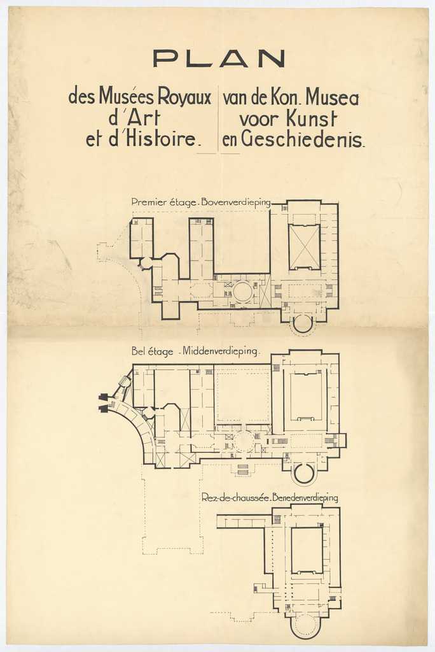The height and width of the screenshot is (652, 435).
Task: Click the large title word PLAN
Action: (x=219, y=59)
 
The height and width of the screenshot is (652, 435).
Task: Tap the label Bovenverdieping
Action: (x=236, y=203)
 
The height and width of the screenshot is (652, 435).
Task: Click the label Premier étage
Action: (x=163, y=202)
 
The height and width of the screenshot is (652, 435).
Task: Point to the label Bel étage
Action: (x=152, y=351)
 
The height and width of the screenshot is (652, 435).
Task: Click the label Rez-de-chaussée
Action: (x=236, y=497)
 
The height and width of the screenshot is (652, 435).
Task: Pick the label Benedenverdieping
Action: (x=305, y=498)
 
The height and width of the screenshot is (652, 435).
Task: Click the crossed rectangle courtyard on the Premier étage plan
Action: (x=305, y=247)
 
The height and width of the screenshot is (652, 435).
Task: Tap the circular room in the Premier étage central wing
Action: (x=243, y=291)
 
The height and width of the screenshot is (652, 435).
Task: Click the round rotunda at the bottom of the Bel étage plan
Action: (x=304, y=473)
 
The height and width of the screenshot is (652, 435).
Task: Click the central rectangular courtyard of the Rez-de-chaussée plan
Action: (x=307, y=551)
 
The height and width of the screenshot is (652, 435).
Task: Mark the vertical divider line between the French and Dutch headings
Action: (x=219, y=118)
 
